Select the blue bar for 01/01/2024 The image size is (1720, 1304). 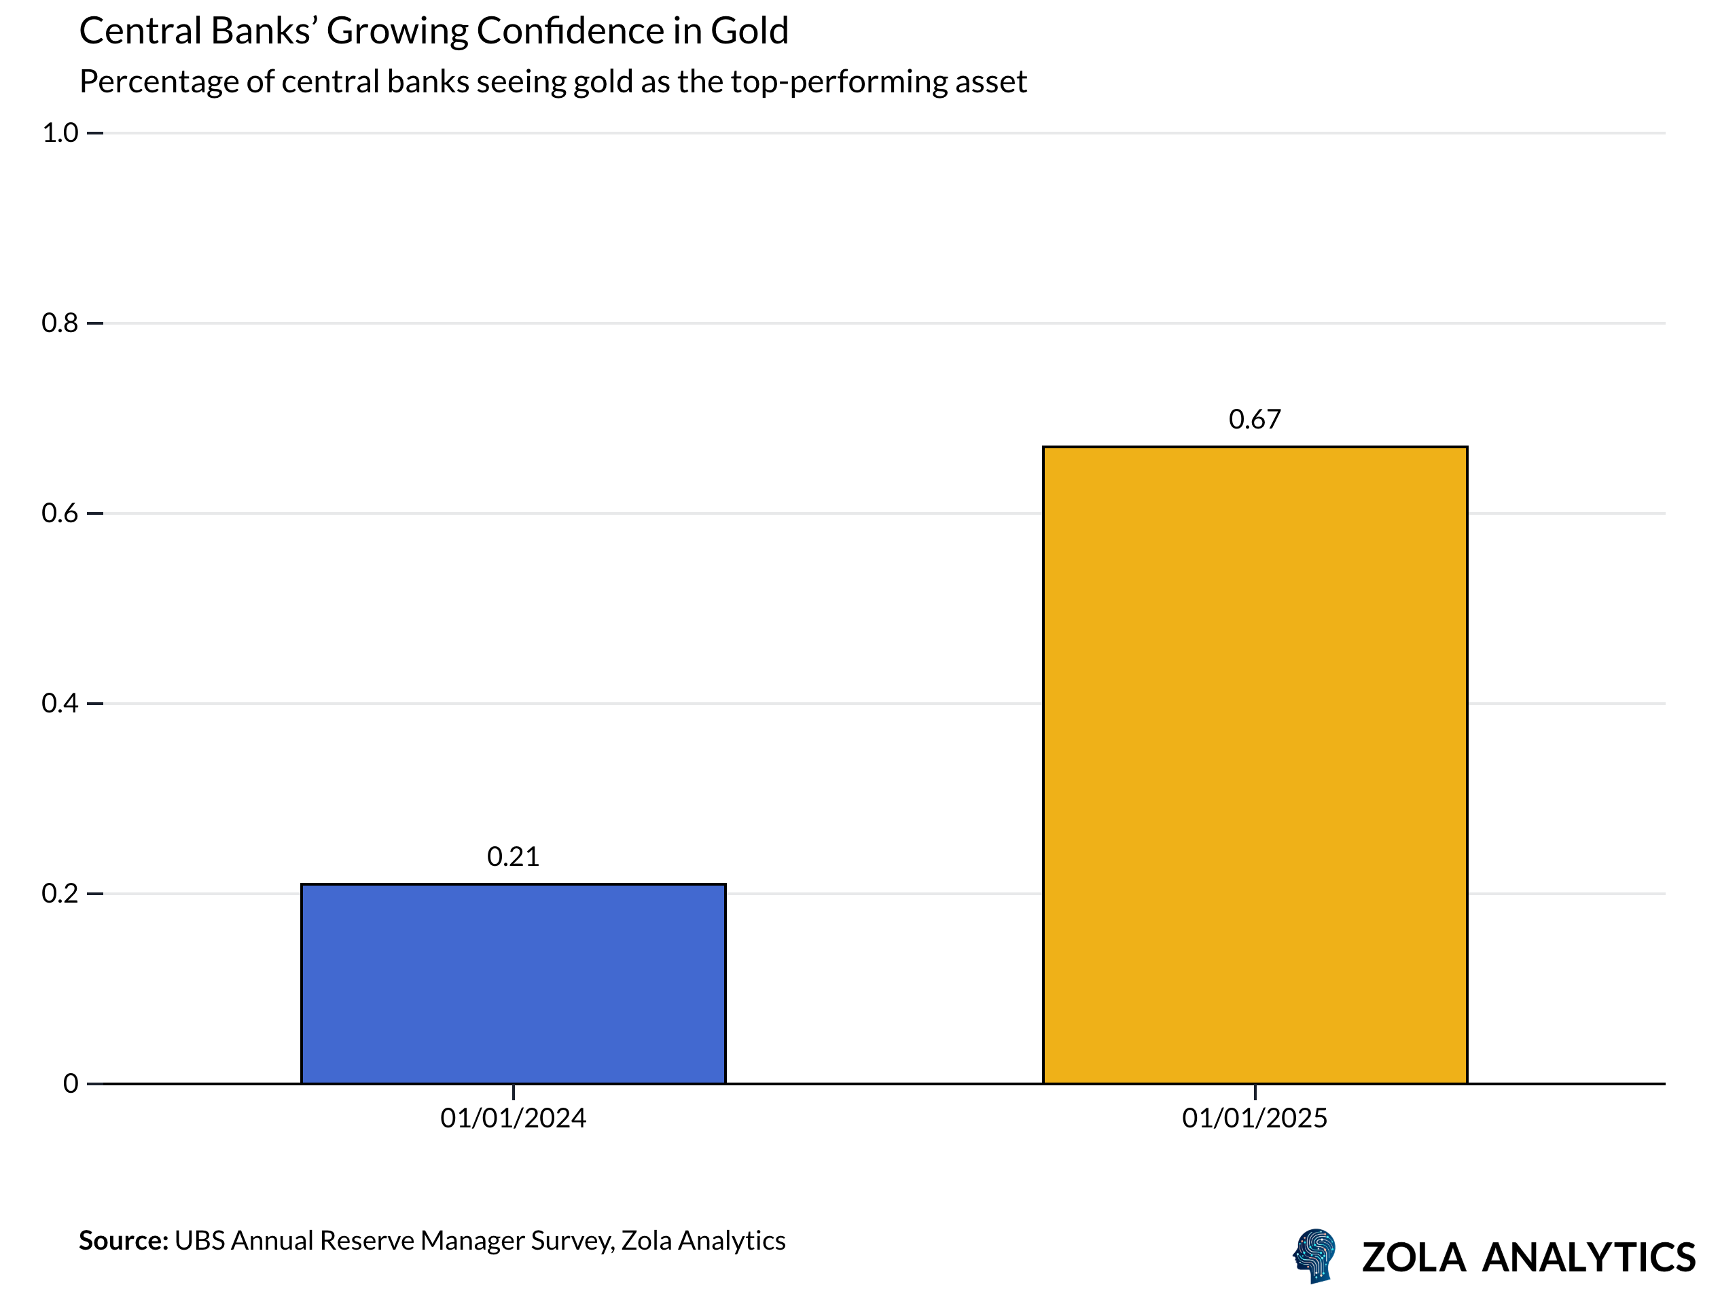[x=513, y=983]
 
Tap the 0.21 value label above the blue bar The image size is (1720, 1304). [x=513, y=856]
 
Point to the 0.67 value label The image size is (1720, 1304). [x=1254, y=419]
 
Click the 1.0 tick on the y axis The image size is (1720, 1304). [x=60, y=133]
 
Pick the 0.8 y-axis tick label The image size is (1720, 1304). [x=60, y=323]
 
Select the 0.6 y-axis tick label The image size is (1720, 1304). [x=60, y=513]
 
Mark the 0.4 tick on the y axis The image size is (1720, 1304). [x=60, y=703]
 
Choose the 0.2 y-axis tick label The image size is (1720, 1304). [x=60, y=892]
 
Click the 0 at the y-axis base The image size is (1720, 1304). [x=71, y=1083]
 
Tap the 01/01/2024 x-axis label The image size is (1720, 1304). [x=513, y=1118]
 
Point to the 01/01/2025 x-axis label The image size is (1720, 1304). [x=1254, y=1118]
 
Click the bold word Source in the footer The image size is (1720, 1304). [x=123, y=1240]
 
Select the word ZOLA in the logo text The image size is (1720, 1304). [x=1413, y=1257]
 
